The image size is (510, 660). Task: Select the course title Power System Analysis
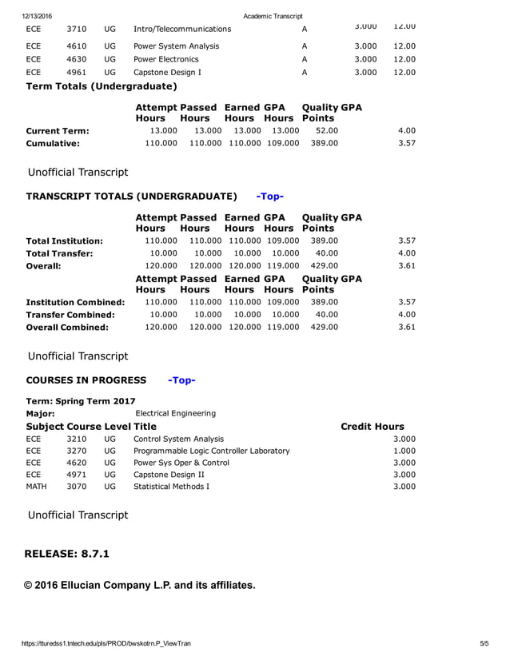[176, 46]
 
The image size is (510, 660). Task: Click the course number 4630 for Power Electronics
[77, 59]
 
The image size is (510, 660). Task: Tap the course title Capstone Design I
[167, 73]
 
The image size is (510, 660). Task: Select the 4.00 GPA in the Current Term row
[406, 130]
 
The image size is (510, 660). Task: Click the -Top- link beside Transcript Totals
[269, 197]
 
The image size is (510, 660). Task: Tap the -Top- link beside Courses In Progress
[181, 380]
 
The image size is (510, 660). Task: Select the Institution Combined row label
[75, 303]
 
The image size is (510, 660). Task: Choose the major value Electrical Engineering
[176, 413]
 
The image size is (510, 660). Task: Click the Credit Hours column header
[373, 427]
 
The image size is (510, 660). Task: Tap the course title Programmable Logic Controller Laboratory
[211, 451]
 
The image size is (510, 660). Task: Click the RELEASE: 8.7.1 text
[68, 554]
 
